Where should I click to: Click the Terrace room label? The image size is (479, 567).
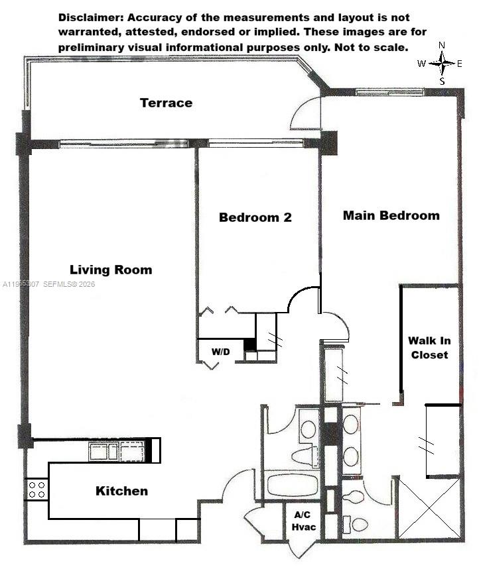[166, 103]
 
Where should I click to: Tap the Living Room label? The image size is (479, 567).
[111, 270]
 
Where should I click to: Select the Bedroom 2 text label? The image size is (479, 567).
[255, 217]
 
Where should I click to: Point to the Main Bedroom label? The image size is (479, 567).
[391, 215]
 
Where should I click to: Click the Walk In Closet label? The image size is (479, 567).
[429, 348]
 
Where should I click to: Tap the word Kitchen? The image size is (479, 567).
[121, 491]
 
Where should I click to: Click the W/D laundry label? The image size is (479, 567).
[221, 351]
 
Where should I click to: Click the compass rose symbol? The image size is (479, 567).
[442, 64]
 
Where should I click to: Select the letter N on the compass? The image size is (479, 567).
[443, 46]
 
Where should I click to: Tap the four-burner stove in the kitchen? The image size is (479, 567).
[37, 490]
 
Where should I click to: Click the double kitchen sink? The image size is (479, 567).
[117, 452]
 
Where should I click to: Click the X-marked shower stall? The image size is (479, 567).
[430, 508]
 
